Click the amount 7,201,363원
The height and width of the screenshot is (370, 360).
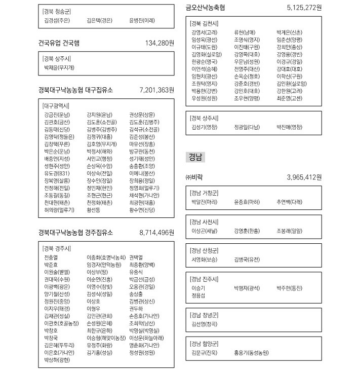[156, 90]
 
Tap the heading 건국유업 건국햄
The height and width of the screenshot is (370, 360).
[59, 43]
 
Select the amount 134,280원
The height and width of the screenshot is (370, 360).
[159, 43]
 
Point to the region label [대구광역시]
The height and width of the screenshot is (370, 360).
[56, 105]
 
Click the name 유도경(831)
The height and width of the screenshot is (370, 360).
[54, 173]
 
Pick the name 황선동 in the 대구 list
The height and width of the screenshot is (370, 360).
[94, 209]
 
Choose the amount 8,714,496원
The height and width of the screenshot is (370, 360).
[156, 233]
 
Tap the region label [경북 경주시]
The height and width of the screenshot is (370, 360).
[57, 248]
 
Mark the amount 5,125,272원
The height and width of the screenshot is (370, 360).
[304, 8]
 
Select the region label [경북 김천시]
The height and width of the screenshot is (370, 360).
[204, 23]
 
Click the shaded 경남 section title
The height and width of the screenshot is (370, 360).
[195, 157]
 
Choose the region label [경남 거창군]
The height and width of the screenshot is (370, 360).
[204, 193]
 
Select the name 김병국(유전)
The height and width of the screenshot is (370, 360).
[247, 259]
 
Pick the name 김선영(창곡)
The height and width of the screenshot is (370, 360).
[204, 323]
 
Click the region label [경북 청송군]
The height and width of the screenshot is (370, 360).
[57, 11]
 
